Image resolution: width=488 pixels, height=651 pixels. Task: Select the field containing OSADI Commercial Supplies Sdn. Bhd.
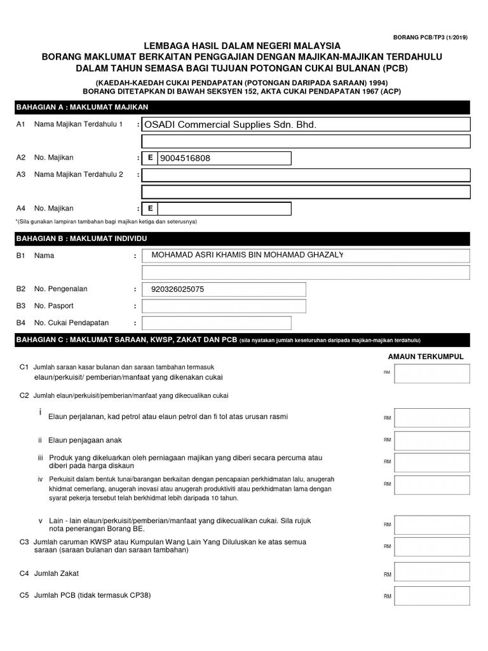tap(306, 125)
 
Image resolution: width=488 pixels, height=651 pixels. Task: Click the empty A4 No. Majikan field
tap(224, 209)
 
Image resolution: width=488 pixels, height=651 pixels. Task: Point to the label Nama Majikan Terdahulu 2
tap(78, 174)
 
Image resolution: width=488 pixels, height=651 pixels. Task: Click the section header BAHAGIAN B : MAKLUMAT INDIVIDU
tap(81, 238)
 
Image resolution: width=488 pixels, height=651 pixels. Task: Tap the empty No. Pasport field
tap(224, 306)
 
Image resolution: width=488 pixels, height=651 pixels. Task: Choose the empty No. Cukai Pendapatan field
tap(224, 323)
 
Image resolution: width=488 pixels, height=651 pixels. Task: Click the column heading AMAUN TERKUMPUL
tap(426, 357)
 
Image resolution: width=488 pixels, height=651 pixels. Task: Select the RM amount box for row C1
tap(431, 374)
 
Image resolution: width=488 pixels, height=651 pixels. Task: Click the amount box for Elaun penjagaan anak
tap(431, 440)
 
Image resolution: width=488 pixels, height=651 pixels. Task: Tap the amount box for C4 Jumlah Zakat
tap(431, 573)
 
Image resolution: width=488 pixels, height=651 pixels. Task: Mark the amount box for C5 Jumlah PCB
tap(431, 596)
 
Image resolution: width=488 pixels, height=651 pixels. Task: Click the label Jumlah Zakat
tap(57, 573)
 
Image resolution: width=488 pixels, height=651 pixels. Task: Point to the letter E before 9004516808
tap(150, 158)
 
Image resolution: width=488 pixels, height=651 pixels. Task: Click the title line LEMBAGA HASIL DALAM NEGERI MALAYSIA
tap(242, 46)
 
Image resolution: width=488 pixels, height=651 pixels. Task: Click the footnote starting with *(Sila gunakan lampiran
tap(106, 221)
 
